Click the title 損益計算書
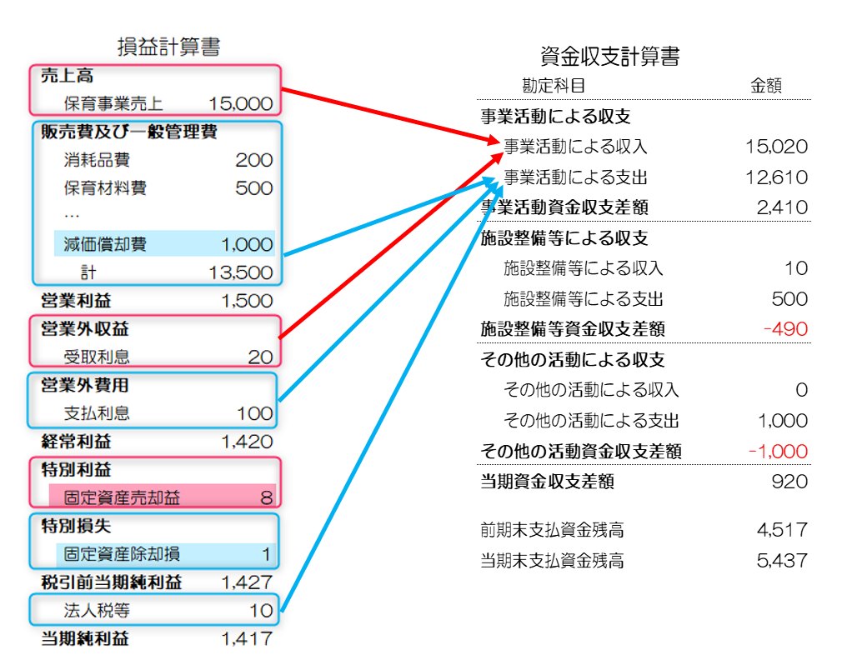point(169,47)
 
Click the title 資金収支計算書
point(609,57)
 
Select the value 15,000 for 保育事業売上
point(241,103)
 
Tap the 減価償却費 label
point(105,244)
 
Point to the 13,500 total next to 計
point(241,272)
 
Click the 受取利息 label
point(97,357)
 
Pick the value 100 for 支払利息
point(255,413)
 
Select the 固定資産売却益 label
point(122,497)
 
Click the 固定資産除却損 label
point(122,554)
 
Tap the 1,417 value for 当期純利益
point(247,638)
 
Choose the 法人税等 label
point(97,610)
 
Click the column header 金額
point(766,86)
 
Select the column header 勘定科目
point(554,86)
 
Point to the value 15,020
point(776,147)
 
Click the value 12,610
point(776,177)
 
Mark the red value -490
point(785,329)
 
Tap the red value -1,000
point(778,451)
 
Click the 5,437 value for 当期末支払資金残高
point(783,560)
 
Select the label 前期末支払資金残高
point(552,529)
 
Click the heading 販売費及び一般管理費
point(128,132)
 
